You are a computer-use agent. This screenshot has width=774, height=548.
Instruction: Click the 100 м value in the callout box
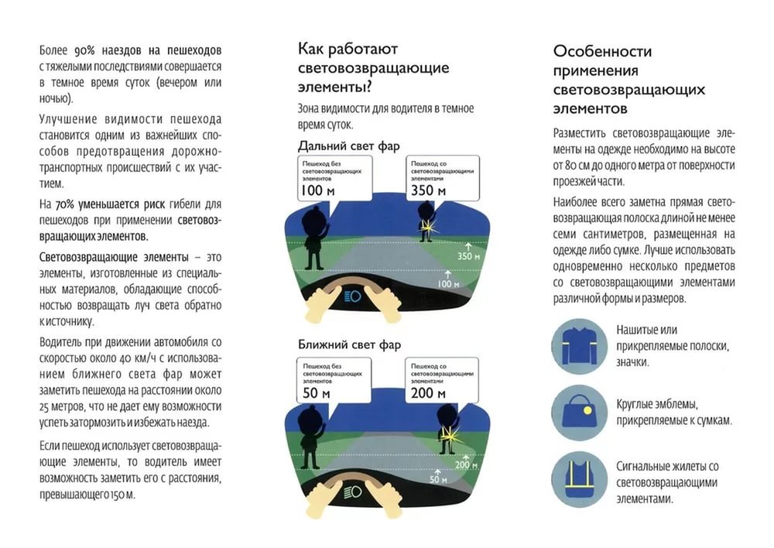click(317, 190)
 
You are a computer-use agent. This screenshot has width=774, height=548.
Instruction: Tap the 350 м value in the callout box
click(428, 190)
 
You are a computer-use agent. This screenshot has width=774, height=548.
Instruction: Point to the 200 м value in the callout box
click(428, 394)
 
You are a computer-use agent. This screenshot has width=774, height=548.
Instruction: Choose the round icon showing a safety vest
click(579, 480)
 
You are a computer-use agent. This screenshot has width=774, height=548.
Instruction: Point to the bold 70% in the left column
click(65, 204)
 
